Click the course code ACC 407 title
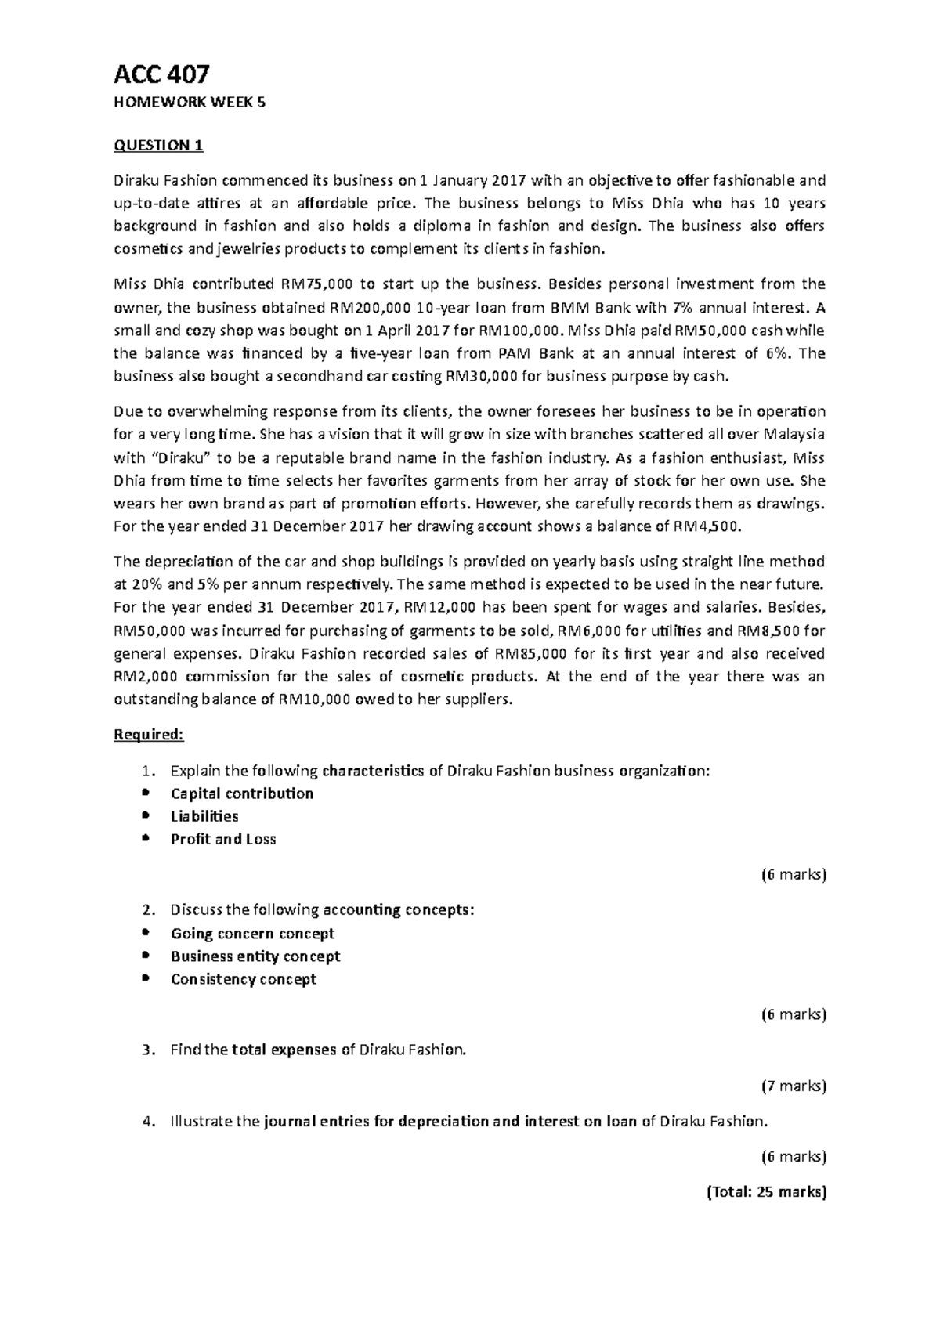161,74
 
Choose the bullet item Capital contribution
242,793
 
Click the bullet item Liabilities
204,816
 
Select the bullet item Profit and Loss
223,839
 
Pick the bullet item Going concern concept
252,934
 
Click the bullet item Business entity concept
255,956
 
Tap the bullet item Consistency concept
244,979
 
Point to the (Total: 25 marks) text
766,1192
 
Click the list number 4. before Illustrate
150,1121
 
